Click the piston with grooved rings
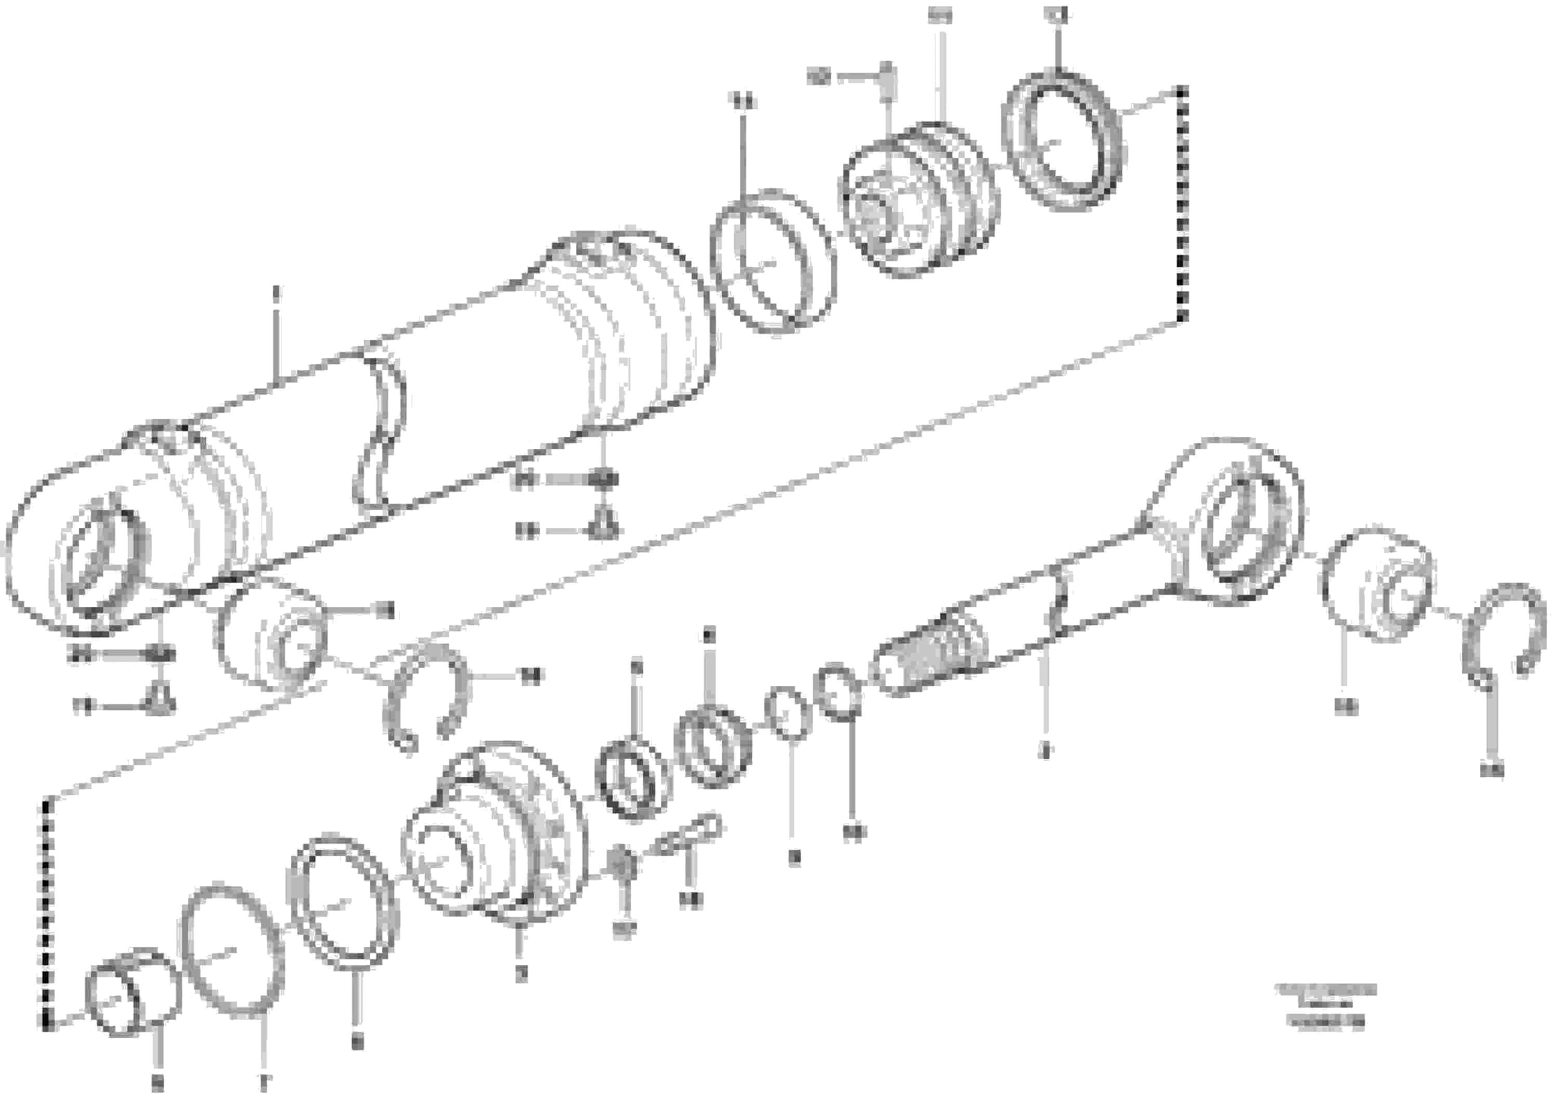pos(917,202)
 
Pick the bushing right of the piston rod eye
pos(1376,586)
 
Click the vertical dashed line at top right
pos(1182,205)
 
